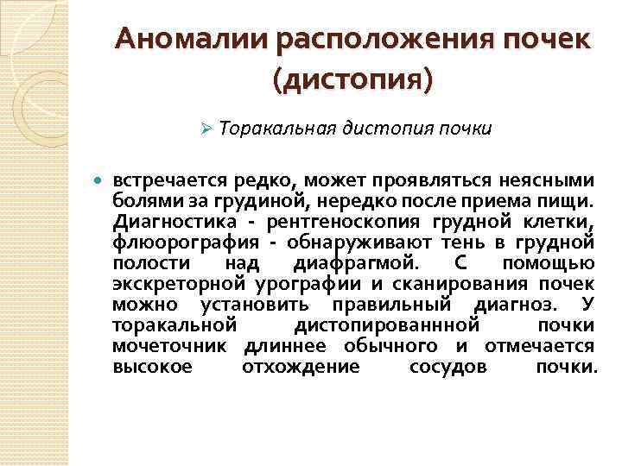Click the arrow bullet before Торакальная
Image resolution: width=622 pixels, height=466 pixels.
[x=206, y=129]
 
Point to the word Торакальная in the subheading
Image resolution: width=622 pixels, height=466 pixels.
[x=274, y=129]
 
